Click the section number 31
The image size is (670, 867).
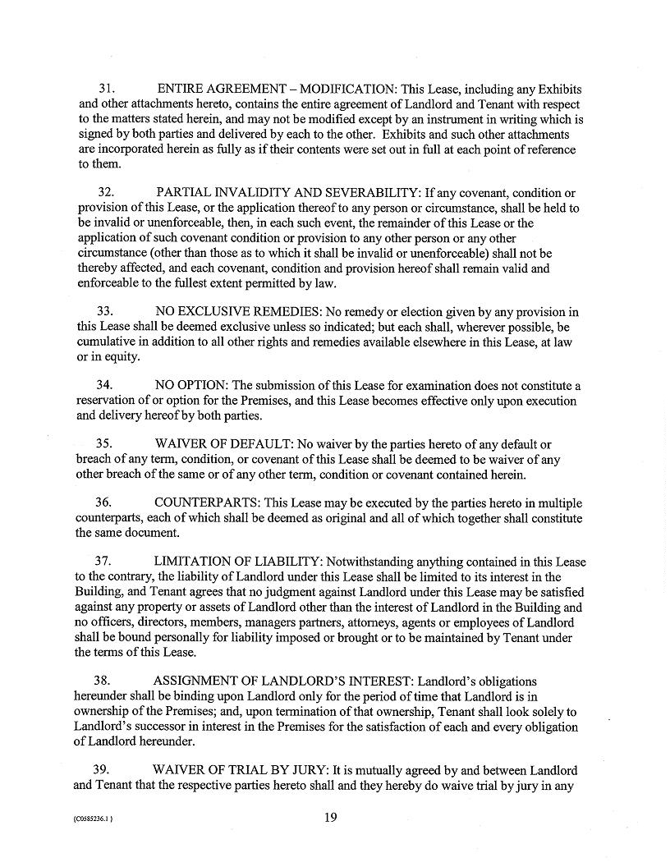click(106, 88)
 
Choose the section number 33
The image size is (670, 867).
click(105, 312)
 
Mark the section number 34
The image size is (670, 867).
click(104, 385)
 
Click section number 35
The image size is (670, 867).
click(104, 444)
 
